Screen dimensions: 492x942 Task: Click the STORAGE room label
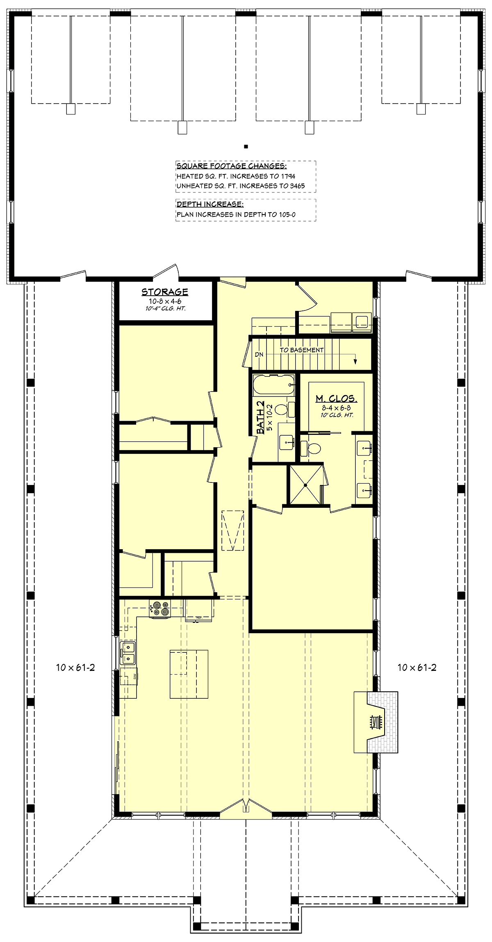pos(165,292)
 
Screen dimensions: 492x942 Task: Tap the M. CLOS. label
pos(336,399)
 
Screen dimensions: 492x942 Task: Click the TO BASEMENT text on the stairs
pos(302,350)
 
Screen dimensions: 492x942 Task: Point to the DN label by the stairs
pos(259,354)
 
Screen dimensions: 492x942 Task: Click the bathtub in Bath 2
pos(273,385)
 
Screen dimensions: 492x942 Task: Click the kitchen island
pos(189,674)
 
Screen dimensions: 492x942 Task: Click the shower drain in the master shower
pos(306,485)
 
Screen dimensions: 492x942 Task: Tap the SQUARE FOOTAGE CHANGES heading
pos(232,166)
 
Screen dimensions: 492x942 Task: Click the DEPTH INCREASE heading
pos(210,204)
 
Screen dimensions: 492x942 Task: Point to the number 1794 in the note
pos(288,176)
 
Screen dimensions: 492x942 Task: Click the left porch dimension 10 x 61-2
pos(75,668)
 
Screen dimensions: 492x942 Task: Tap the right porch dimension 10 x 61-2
pos(417,668)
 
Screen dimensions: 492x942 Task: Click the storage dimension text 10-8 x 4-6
pos(165,301)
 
